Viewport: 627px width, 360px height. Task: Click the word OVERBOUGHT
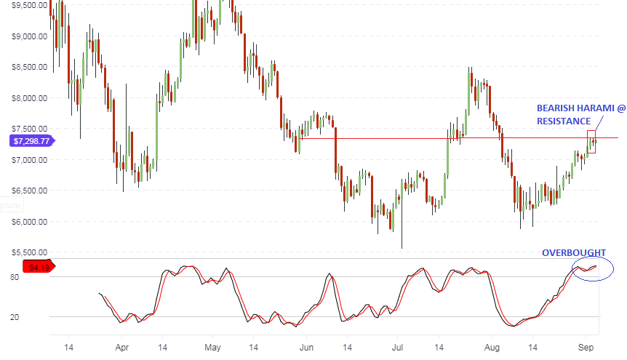573,253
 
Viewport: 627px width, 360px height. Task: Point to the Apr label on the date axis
122,348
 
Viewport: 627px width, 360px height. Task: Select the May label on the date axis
212,348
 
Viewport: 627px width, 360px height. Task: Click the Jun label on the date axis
305,348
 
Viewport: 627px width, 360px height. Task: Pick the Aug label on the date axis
491,348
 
